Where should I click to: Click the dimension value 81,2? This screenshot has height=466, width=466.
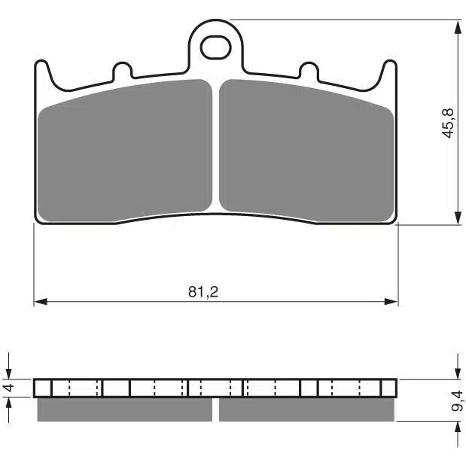click(198, 291)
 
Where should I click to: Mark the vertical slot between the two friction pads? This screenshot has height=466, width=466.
click(216, 147)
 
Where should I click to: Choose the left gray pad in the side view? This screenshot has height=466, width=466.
click(125, 409)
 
